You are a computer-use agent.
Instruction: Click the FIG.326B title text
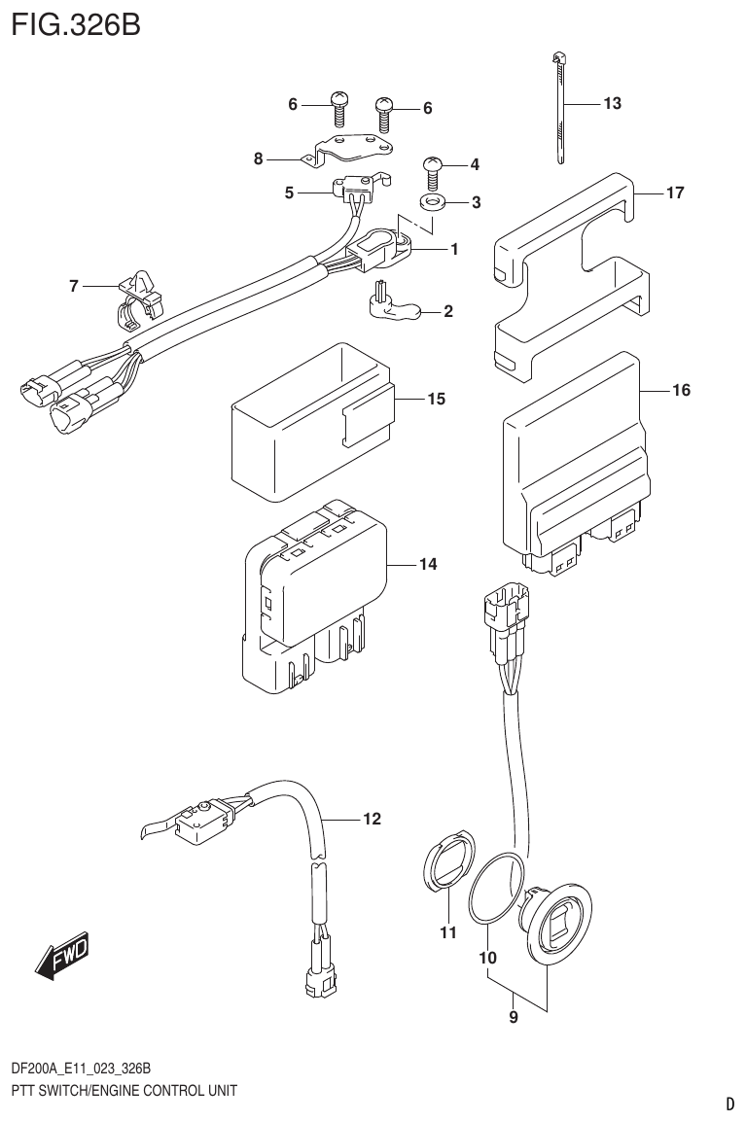pos(76,22)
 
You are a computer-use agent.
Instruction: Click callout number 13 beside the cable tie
pos(613,103)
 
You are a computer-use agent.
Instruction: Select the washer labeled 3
pos(432,203)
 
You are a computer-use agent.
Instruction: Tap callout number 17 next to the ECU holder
pos(676,193)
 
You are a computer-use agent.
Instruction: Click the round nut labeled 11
pos(446,860)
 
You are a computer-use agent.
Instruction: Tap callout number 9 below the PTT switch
pos(514,1018)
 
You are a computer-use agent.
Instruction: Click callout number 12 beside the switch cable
pos(372,819)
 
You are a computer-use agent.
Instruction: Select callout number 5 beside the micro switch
pos(290,193)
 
